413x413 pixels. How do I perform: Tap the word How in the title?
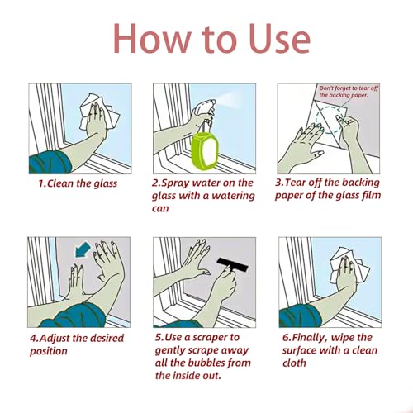pyautogui.click(x=152, y=38)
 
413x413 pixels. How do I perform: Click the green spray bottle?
pyautogui.click(x=205, y=149)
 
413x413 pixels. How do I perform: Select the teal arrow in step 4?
pyautogui.click(x=83, y=249)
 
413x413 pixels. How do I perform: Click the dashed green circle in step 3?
pyautogui.click(x=330, y=119)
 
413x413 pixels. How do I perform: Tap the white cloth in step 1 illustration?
pyautogui.click(x=100, y=112)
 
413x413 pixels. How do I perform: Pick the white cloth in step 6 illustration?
pyautogui.click(x=349, y=265)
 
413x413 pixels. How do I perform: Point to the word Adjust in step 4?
pyautogui.click(x=55, y=338)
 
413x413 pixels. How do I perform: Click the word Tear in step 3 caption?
pyautogui.click(x=295, y=183)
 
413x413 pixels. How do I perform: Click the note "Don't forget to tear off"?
pyautogui.click(x=349, y=88)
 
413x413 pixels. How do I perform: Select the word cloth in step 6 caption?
pyautogui.click(x=294, y=363)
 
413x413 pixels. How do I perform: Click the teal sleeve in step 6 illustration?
pyautogui.click(x=300, y=316)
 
